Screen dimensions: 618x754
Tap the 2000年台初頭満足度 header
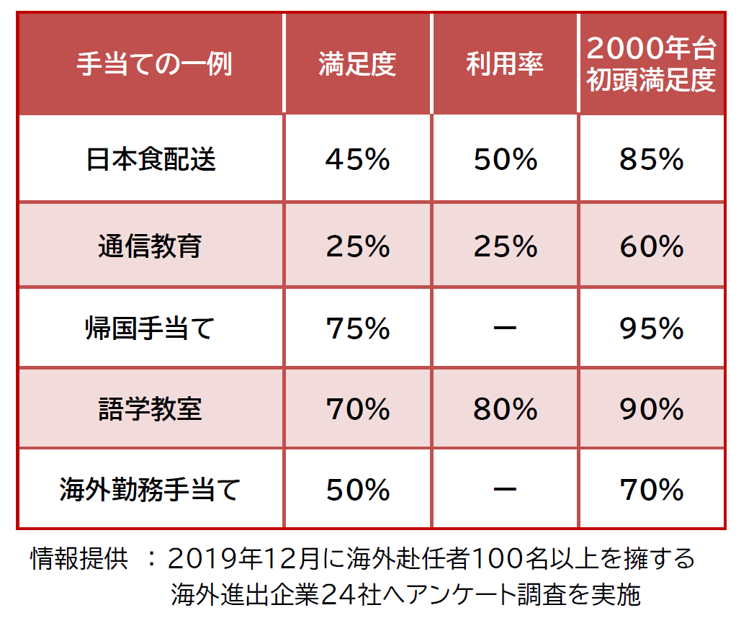pyautogui.click(x=651, y=65)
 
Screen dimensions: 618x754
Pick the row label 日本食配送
pyautogui.click(x=151, y=159)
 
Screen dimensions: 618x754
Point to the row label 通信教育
pyautogui.click(x=151, y=246)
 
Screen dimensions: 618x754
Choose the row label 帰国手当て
pyautogui.click(x=151, y=328)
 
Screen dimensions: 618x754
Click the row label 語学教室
pyautogui.click(x=151, y=409)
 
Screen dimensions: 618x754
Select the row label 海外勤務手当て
pyautogui.click(x=151, y=491)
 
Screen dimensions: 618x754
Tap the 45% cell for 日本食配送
pyautogui.click(x=357, y=159)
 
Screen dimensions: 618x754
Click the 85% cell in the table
pyautogui.click(x=651, y=159)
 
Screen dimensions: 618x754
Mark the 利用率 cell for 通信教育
pyautogui.click(x=505, y=246)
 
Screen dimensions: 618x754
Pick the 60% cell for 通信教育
pyautogui.click(x=651, y=246)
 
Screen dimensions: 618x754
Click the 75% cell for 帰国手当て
pyautogui.click(x=357, y=328)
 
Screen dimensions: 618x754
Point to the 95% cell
pyautogui.click(x=651, y=328)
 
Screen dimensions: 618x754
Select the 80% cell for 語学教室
pyautogui.click(x=505, y=409)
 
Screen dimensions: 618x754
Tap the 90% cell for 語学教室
pyautogui.click(x=651, y=409)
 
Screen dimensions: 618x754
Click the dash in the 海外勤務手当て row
pyautogui.click(x=505, y=491)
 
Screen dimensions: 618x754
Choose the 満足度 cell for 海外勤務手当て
pyautogui.click(x=357, y=491)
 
